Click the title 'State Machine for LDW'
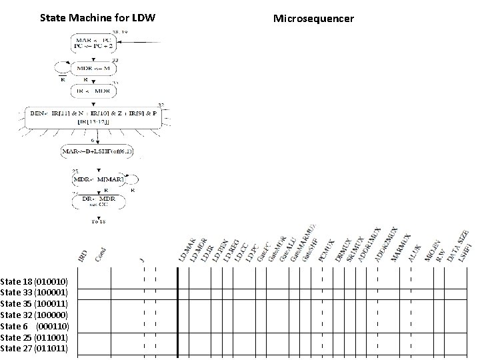(x=97, y=17)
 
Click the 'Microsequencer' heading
(x=314, y=18)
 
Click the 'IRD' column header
(x=82, y=255)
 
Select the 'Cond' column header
(x=100, y=253)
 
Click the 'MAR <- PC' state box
(x=97, y=44)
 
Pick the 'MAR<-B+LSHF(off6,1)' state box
(x=97, y=151)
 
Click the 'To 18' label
(x=98, y=221)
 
